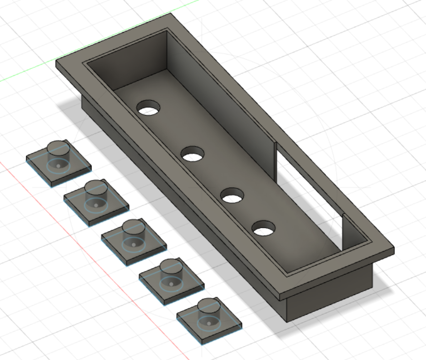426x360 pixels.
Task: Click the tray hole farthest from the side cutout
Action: (x=148, y=108)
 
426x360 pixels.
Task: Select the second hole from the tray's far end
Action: (x=192, y=154)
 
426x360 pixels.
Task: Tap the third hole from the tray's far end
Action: (x=232, y=196)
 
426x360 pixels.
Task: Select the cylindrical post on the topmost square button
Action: (x=58, y=148)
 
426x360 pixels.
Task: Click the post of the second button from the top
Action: (x=95, y=188)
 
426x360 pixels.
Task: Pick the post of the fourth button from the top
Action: (x=170, y=267)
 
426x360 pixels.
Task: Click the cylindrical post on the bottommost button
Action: (x=208, y=306)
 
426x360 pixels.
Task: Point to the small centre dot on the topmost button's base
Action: (x=58, y=166)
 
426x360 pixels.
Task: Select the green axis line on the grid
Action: (x=29, y=74)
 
